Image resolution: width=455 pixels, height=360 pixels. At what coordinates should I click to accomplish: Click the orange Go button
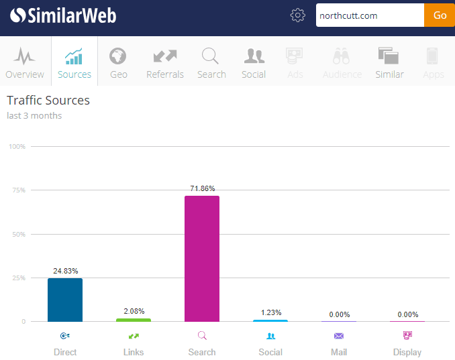pos(440,15)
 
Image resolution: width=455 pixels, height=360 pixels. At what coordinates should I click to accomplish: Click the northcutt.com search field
pos(370,15)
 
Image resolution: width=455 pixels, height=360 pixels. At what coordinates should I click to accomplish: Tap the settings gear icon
pos(298,15)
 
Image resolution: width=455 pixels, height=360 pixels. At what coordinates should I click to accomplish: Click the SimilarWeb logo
pos(64,15)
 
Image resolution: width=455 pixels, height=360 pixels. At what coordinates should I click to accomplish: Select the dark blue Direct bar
pos(65,300)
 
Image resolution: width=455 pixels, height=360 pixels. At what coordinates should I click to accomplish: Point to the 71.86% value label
pos(202,189)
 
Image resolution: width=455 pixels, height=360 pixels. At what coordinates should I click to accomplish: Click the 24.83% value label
pos(65,271)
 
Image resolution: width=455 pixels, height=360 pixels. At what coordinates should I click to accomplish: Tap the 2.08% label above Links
pos(134,312)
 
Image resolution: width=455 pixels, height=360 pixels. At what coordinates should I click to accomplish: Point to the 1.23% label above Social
pos(270,313)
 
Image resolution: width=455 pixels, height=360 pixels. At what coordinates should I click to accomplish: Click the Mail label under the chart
pos(339,352)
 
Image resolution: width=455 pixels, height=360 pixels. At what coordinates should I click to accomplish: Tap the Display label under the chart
pos(407,352)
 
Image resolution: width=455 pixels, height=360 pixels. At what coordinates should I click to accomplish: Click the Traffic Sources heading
pos(48,101)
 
